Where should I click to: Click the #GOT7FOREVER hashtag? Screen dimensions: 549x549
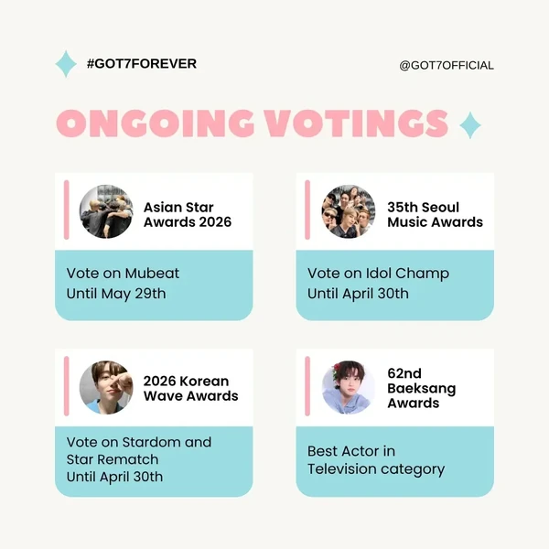coord(141,64)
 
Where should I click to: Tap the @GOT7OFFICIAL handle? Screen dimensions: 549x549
coord(447,65)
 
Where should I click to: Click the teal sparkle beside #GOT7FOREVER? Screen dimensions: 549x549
coord(66,64)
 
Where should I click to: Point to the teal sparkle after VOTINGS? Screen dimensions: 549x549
coord(469,124)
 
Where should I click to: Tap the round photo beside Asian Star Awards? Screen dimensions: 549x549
coord(106,212)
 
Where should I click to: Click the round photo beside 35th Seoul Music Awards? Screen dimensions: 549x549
coord(349,212)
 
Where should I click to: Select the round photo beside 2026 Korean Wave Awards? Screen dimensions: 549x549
coord(106,387)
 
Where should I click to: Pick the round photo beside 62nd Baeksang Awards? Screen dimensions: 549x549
coord(349,387)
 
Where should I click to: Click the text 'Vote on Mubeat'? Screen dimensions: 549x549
coord(109,273)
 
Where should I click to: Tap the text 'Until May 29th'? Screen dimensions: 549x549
coord(116,294)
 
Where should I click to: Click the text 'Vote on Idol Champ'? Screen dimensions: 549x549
coord(378,273)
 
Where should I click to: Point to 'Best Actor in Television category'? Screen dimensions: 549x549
coord(376,460)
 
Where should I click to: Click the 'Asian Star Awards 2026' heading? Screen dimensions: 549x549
coord(188,214)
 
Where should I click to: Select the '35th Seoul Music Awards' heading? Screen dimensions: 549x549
coord(435,214)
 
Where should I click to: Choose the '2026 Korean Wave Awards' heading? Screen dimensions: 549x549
coord(190,388)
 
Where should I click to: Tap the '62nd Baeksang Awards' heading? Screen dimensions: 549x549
coord(422,388)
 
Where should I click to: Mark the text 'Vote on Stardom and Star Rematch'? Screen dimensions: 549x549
coord(138,450)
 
